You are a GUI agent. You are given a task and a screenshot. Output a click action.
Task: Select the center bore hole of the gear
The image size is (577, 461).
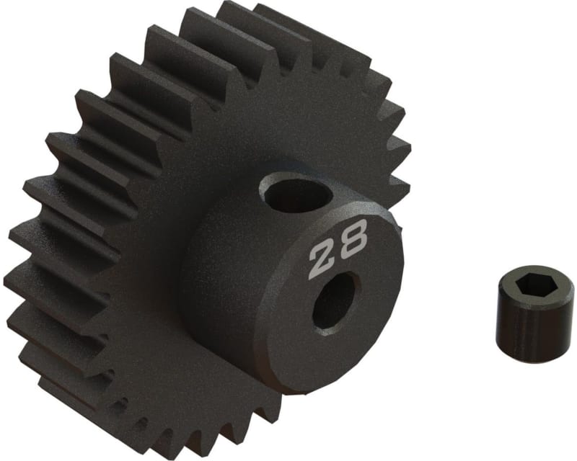tap(335, 300)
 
